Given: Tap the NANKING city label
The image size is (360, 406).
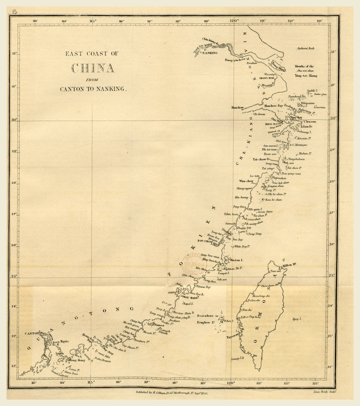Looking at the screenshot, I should (210, 52).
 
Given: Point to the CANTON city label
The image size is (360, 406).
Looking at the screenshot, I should (32, 333).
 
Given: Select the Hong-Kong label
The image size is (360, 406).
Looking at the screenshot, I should (75, 360).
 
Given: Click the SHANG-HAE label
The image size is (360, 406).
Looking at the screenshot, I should (266, 79).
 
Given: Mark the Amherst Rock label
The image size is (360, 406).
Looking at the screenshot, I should (305, 48).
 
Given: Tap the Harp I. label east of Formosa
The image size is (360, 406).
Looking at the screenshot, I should (296, 319).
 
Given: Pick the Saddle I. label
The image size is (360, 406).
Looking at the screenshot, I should (313, 91).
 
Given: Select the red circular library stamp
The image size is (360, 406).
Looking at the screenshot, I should (188, 263).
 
